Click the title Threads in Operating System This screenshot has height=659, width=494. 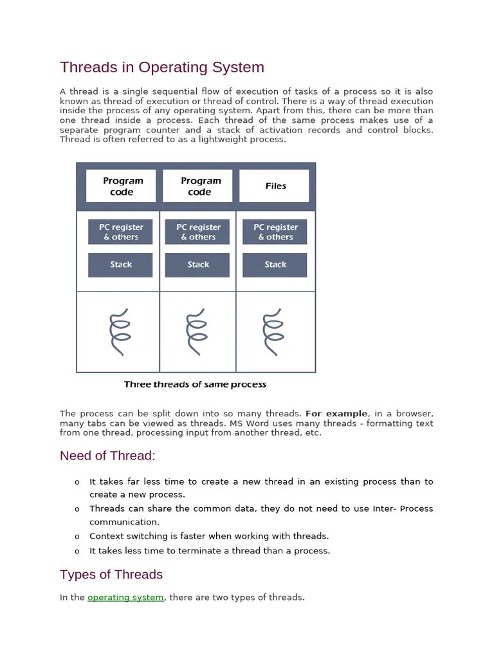click(161, 68)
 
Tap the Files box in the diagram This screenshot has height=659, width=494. click(275, 186)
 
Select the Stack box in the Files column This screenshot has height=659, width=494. click(275, 265)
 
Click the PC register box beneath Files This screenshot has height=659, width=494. click(275, 232)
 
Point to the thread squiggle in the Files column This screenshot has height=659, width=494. click(273, 331)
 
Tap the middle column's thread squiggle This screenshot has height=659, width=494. click(196, 331)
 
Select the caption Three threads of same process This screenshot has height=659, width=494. click(195, 385)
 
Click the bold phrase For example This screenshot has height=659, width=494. click(336, 414)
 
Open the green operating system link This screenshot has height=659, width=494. click(125, 597)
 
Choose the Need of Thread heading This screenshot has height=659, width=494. click(107, 456)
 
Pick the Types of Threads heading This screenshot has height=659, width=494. click(111, 574)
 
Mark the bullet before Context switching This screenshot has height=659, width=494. click(77, 537)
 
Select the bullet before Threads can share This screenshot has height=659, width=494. click(77, 509)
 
